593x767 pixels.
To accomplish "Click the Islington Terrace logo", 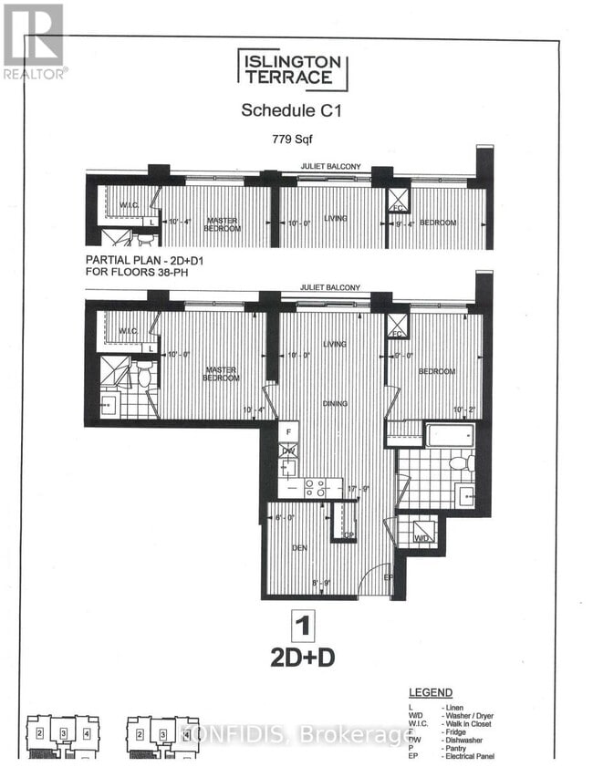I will pyautogui.click(x=293, y=70).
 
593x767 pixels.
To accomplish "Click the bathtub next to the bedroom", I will pyautogui.click(x=448, y=434).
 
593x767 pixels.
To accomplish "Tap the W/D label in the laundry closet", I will pyautogui.click(x=421, y=538).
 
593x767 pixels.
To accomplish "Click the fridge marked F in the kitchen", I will pyautogui.click(x=288, y=429).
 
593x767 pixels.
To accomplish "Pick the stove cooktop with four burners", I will pyautogui.click(x=316, y=488).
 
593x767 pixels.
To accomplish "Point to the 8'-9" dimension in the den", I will pyautogui.click(x=320, y=582).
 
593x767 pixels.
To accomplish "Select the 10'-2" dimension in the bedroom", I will pyautogui.click(x=464, y=409).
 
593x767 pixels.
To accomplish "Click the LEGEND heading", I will pyautogui.click(x=431, y=693).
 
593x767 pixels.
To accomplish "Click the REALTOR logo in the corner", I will pyautogui.click(x=33, y=40).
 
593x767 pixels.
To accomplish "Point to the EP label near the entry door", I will pyautogui.click(x=388, y=577).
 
